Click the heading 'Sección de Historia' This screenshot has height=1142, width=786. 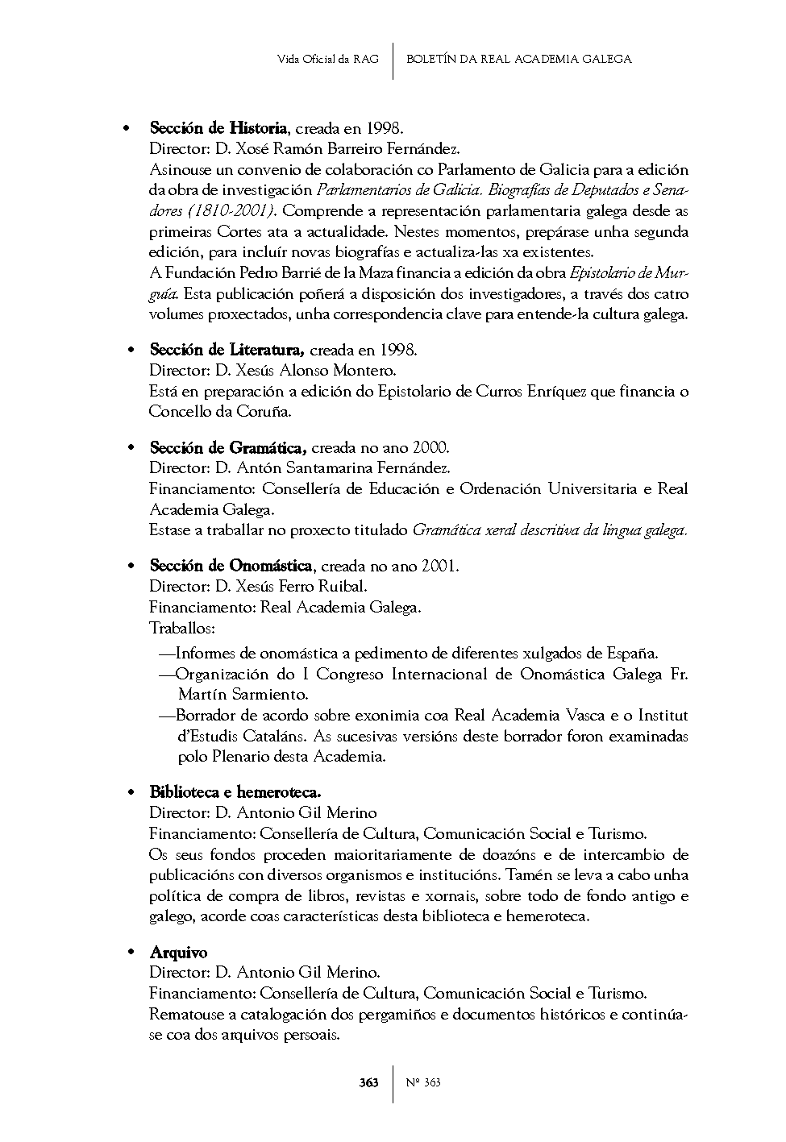coord(218,128)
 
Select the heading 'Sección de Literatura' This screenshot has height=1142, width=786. coord(227,350)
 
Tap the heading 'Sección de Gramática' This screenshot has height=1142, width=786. coord(227,447)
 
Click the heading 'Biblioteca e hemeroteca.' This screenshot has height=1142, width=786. coord(235,792)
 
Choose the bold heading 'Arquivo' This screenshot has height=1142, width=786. coord(178,953)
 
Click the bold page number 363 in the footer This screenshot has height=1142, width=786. coord(368,1082)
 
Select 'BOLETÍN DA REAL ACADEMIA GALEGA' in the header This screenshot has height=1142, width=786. coord(518,59)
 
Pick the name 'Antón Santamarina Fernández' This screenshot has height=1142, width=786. coord(339,468)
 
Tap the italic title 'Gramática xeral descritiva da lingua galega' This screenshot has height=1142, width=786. coord(548,530)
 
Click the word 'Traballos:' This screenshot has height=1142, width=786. coord(181,628)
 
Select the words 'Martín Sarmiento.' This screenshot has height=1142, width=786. coord(243,694)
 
